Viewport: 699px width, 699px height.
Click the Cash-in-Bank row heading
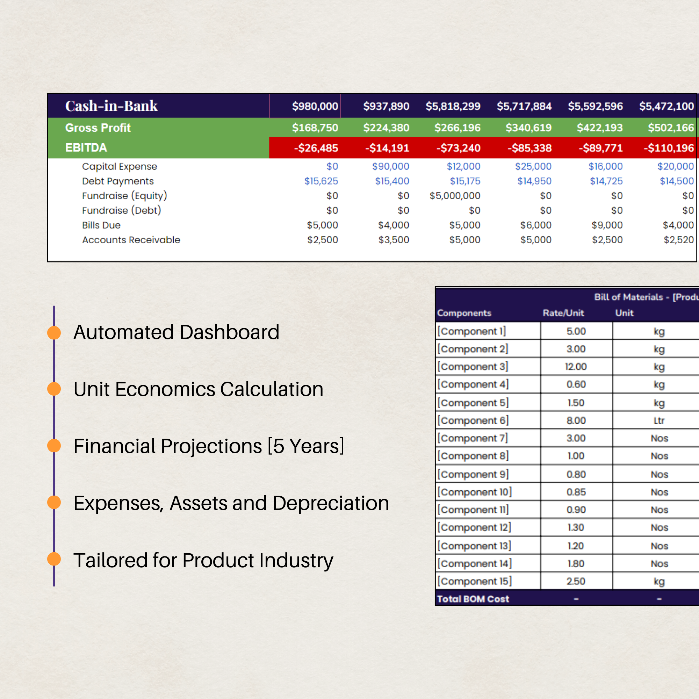pos(111,106)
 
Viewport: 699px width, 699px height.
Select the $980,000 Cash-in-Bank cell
pos(315,106)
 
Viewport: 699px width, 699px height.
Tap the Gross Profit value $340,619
pos(528,128)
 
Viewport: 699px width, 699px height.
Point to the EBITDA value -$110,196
pos(669,148)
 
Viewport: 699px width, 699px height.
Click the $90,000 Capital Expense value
pos(390,166)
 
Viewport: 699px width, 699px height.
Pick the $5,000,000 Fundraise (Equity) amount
pos(454,196)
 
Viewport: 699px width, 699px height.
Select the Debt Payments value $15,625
pos(321,181)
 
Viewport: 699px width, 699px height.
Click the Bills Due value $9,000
pos(607,225)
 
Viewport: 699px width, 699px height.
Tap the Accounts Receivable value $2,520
pos(678,240)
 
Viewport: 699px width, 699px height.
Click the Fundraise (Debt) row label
pos(121,210)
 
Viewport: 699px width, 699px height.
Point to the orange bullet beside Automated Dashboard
pos(54,332)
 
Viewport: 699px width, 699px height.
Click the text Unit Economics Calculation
pos(198,389)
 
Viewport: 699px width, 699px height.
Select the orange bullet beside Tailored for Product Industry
pos(54,559)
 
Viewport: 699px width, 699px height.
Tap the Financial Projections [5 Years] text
pos(208,446)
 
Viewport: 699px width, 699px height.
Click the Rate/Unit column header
pos(563,313)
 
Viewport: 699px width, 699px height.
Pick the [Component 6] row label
pos(473,420)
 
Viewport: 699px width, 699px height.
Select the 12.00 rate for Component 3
pos(576,367)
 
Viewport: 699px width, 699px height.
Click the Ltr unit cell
pos(659,420)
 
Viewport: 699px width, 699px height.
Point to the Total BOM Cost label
pos(473,599)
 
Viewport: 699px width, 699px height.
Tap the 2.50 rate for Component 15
pos(576,581)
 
